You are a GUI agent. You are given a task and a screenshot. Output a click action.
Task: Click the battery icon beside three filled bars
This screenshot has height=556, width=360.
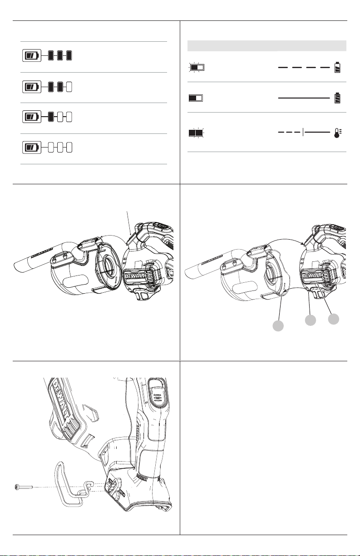(32, 55)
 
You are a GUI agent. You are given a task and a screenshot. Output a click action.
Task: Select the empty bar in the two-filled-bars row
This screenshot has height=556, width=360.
(69, 87)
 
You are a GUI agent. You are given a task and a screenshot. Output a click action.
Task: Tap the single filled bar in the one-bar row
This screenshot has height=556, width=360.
(51, 117)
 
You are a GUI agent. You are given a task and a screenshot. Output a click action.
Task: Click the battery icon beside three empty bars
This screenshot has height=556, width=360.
(32, 148)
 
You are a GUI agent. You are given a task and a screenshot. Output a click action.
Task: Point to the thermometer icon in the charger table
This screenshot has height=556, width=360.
(337, 133)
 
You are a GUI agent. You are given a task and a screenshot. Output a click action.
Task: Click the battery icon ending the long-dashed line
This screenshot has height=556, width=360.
(337, 67)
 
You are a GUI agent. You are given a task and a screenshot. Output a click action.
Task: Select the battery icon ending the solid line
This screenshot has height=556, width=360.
(337, 98)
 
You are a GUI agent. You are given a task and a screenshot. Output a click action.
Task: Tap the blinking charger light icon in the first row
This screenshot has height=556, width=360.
(197, 67)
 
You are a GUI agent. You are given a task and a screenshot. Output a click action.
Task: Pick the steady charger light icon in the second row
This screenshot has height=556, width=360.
(196, 98)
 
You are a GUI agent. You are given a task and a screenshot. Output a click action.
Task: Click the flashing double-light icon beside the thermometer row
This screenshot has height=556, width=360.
(196, 133)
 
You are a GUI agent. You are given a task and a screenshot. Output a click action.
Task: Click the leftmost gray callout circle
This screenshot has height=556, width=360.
(278, 325)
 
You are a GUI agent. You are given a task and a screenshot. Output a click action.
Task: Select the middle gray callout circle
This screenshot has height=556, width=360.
(311, 320)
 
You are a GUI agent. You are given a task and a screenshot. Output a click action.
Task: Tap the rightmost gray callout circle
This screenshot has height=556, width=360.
(333, 319)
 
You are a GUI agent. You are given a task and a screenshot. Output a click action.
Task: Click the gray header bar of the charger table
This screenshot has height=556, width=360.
(267, 46)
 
